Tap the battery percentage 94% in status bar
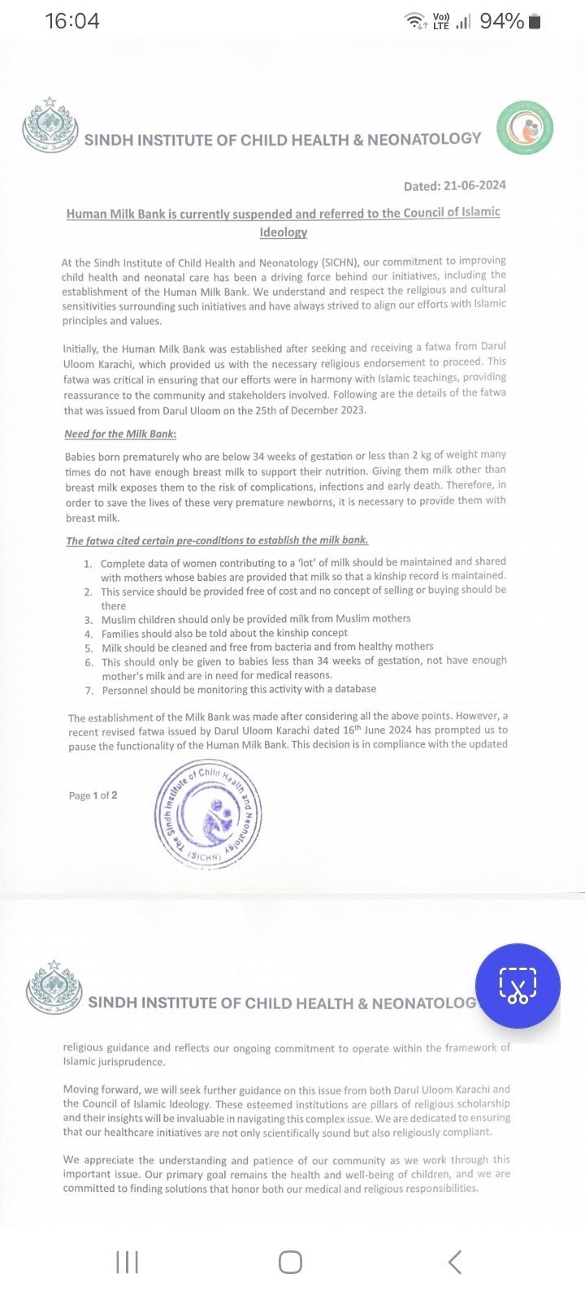(x=501, y=21)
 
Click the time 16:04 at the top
(x=72, y=21)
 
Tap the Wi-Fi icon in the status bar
(x=416, y=21)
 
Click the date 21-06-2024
(x=474, y=185)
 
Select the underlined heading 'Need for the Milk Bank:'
(x=120, y=433)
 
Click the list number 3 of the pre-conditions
(x=88, y=619)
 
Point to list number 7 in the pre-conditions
(x=89, y=690)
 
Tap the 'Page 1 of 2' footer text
(x=93, y=795)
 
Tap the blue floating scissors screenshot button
(x=518, y=986)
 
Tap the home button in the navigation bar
(x=290, y=1262)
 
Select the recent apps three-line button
(x=127, y=1262)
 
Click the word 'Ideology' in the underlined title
(x=284, y=232)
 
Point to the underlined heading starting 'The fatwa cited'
(x=217, y=540)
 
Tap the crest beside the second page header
(x=54, y=990)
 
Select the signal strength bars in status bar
(x=463, y=22)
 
